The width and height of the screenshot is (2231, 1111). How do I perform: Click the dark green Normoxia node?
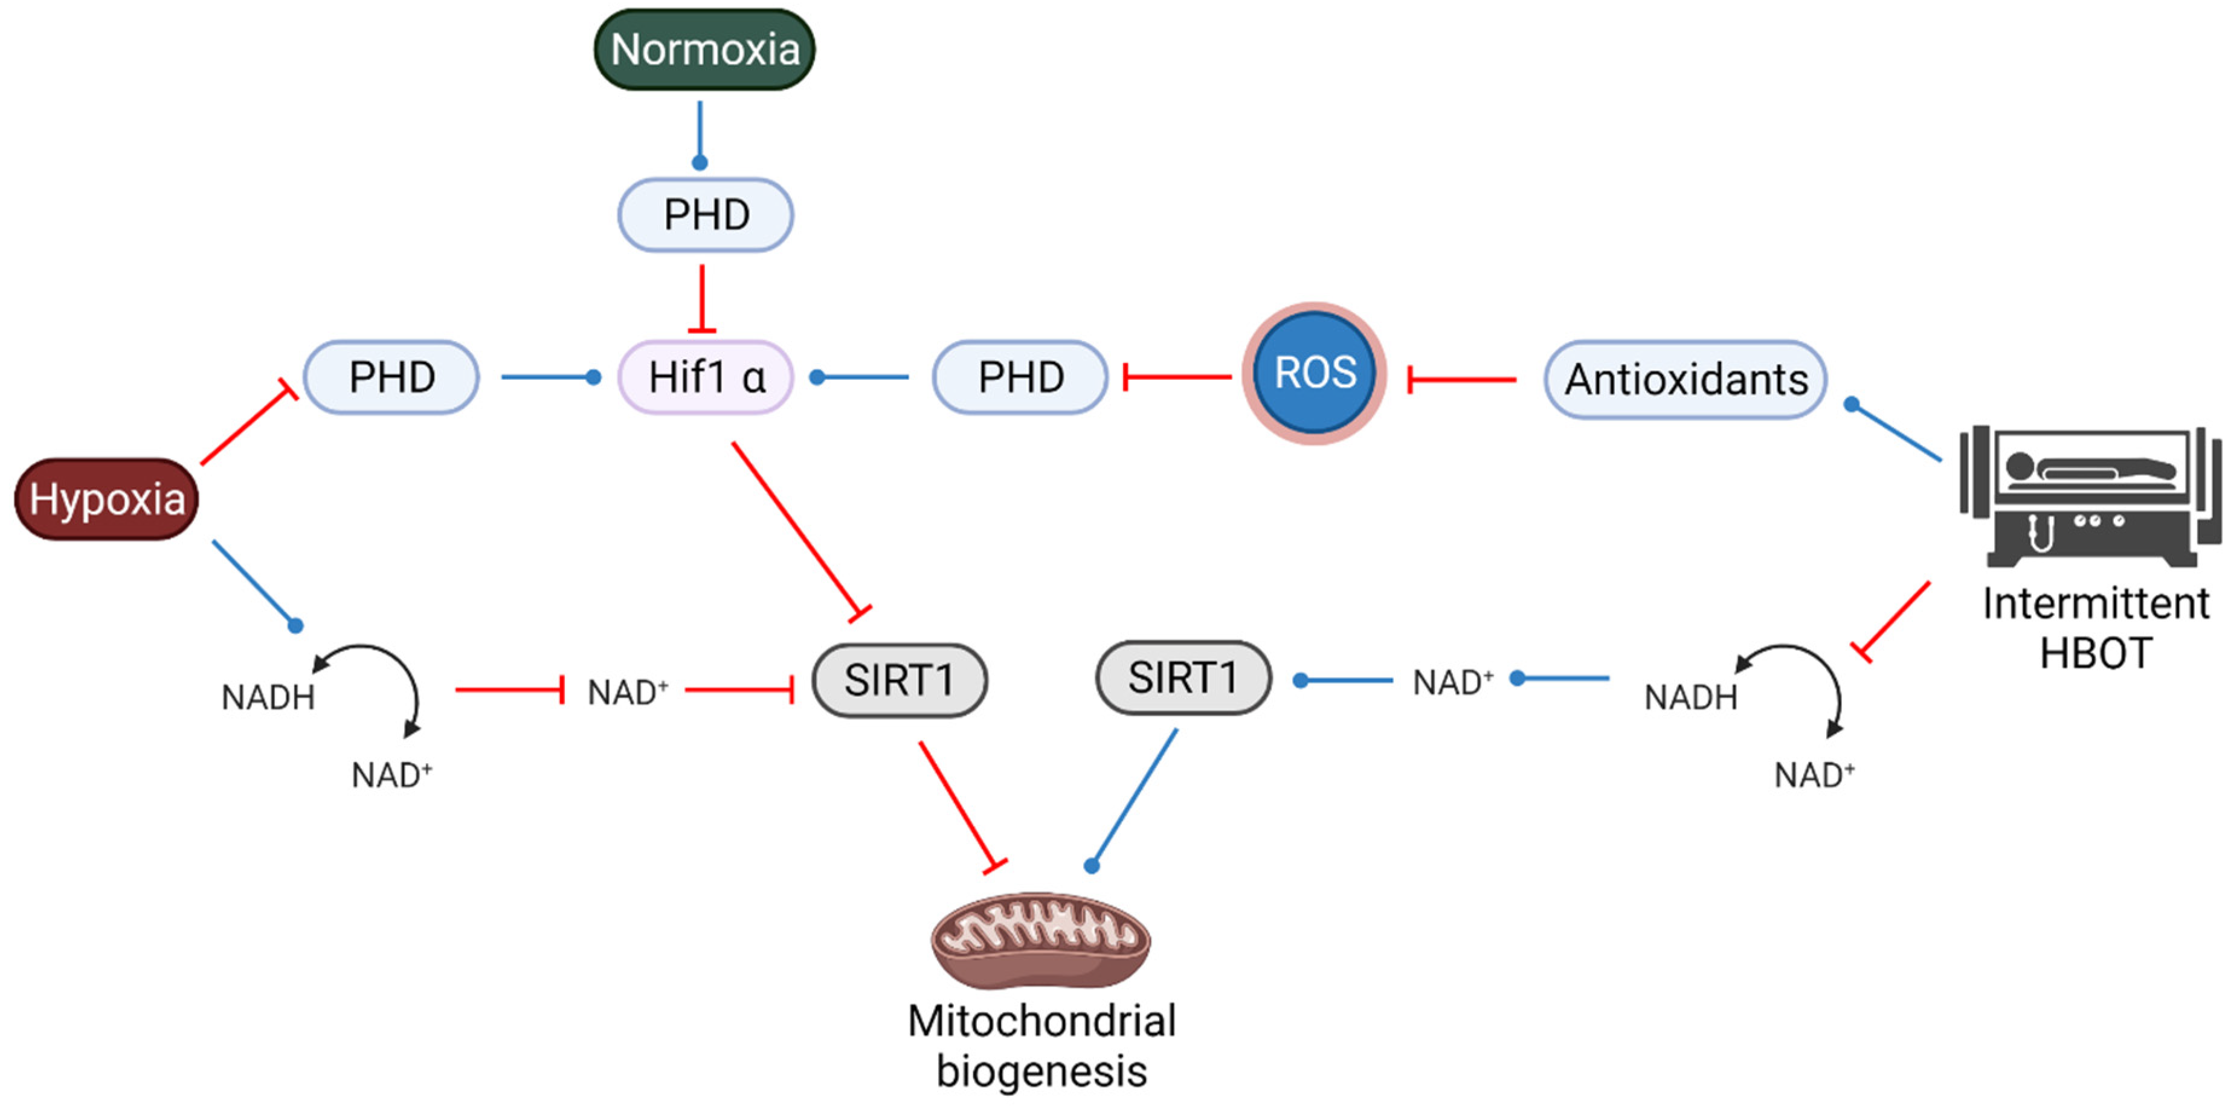click(704, 50)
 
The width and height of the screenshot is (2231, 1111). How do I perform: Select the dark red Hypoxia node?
click(106, 499)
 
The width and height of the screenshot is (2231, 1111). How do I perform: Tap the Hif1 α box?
click(706, 377)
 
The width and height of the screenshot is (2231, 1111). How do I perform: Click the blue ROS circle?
click(1314, 373)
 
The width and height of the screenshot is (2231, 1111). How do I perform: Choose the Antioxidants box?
click(1685, 379)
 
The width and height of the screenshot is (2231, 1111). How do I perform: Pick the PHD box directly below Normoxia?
click(706, 215)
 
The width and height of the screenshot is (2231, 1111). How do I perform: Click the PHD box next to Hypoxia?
click(391, 377)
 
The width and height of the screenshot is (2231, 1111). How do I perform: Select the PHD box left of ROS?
click(1020, 377)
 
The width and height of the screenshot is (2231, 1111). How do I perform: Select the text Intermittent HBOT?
click(2095, 628)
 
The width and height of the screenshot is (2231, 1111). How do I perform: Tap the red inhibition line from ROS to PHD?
click(1178, 377)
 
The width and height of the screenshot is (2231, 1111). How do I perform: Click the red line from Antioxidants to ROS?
click(1464, 379)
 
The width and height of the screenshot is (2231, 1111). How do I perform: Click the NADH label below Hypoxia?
click(268, 697)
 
